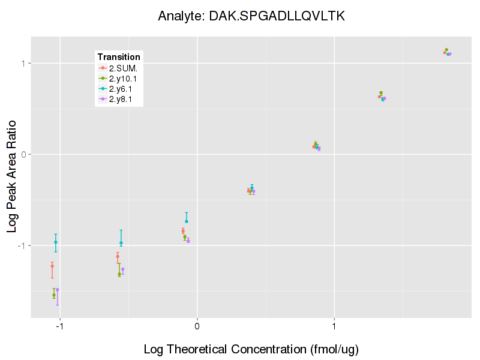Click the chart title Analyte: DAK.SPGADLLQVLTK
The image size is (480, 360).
coord(251,16)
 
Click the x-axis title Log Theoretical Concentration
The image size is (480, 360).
coord(251,349)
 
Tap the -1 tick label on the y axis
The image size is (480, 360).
coord(22,245)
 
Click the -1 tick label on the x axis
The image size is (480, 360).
coord(59,327)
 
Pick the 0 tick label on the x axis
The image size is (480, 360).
coord(197,327)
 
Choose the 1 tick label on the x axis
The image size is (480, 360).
coord(334,327)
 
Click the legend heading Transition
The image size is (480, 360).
coord(119,57)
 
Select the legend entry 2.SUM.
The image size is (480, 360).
coord(123,68)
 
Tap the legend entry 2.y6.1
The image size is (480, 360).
coord(122,89)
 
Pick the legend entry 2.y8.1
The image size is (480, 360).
coord(122,99)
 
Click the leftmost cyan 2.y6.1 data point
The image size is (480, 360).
coord(56,242)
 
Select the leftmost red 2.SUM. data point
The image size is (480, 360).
coord(52,266)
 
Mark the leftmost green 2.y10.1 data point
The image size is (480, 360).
coord(54,295)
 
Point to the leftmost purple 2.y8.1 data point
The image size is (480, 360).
coord(58,290)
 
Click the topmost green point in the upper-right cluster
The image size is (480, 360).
coord(446,50)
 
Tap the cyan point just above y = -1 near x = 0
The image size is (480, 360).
coord(187,221)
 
